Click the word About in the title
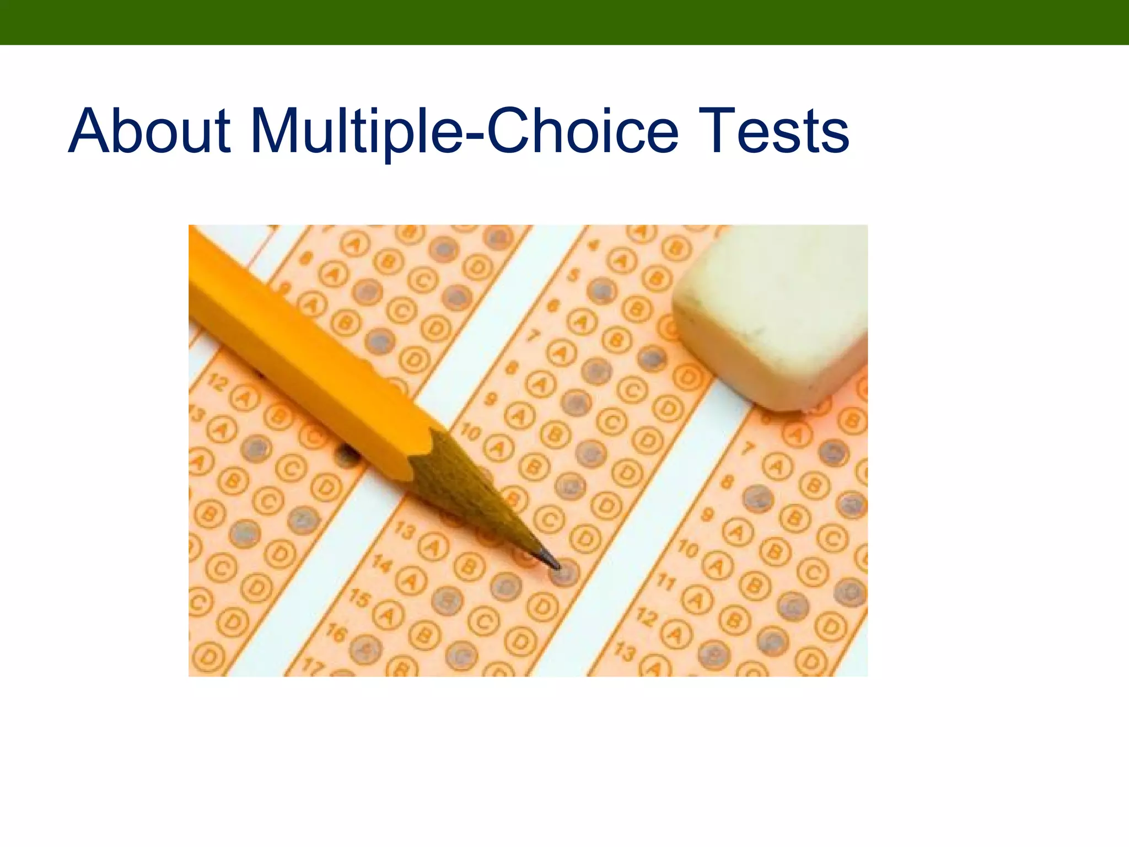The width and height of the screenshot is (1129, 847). click(x=149, y=132)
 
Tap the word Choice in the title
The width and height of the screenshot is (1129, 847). click(x=582, y=132)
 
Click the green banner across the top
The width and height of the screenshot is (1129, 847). click(x=564, y=22)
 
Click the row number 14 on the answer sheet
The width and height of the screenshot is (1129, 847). click(x=382, y=563)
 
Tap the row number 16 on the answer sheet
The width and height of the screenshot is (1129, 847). click(x=336, y=634)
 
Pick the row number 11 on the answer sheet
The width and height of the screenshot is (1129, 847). click(x=666, y=582)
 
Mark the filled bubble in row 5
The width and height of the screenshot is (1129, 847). click(x=601, y=290)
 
